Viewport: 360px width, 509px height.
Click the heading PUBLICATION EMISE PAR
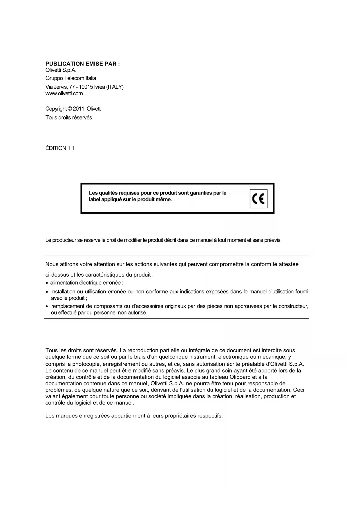point(82,64)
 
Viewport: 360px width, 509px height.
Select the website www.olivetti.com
point(64,93)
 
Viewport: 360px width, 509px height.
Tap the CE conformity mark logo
point(258,199)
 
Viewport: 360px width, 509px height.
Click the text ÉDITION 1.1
point(60,148)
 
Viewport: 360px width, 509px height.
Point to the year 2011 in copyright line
point(78,109)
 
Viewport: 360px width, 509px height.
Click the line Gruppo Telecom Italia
point(71,78)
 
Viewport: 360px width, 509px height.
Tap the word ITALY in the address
point(115,87)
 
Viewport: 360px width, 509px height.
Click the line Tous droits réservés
point(69,118)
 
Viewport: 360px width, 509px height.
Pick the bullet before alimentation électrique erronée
point(47,283)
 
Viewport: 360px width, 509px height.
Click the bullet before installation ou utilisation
point(47,292)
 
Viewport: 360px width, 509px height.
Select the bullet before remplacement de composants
point(47,306)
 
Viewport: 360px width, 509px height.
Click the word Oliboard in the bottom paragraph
point(240,377)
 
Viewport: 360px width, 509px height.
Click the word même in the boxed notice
point(164,200)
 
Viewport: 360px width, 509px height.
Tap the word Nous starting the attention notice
point(52,264)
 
